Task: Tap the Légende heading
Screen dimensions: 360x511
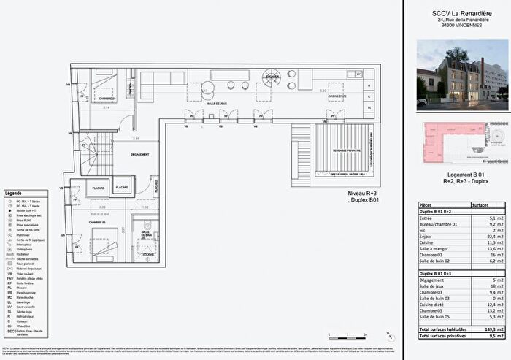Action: click(x=14, y=192)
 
